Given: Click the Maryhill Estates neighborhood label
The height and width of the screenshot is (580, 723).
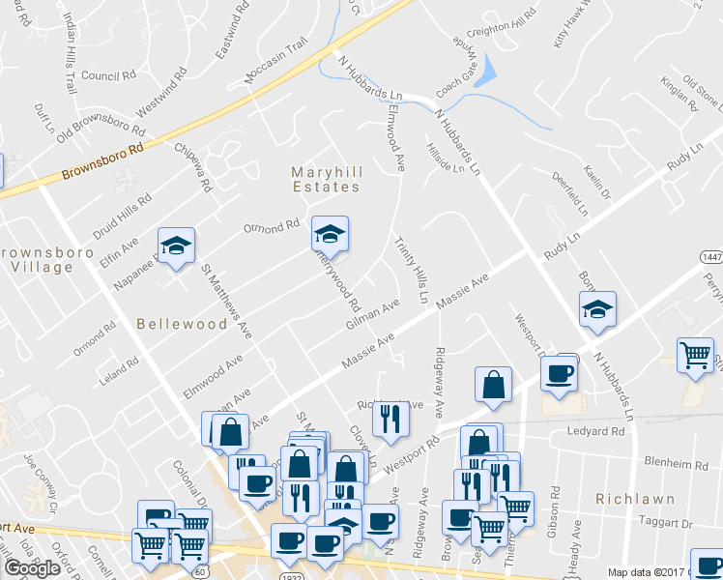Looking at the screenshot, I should (x=326, y=179).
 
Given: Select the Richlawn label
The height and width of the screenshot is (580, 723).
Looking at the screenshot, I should (x=629, y=499).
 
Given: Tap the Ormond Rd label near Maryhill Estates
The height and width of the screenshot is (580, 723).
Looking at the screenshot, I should (x=272, y=226).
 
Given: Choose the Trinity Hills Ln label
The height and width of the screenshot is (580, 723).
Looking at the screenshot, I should (x=410, y=271).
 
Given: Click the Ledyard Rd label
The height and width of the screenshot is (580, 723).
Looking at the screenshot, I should (x=596, y=431).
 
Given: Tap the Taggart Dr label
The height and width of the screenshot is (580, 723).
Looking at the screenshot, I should (x=669, y=523).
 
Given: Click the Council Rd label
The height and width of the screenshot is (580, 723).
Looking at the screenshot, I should (x=108, y=75).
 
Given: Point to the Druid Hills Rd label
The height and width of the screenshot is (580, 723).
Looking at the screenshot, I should (x=123, y=215).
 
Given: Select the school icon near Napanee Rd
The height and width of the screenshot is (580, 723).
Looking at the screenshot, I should (x=176, y=247).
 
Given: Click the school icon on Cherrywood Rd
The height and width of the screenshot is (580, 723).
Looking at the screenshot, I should (x=330, y=234).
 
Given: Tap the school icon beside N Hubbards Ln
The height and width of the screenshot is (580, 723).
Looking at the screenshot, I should (x=597, y=309).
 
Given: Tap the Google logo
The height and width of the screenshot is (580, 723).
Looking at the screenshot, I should (x=33, y=567).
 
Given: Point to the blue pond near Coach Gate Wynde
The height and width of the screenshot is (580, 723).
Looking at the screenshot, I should (x=486, y=70).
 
